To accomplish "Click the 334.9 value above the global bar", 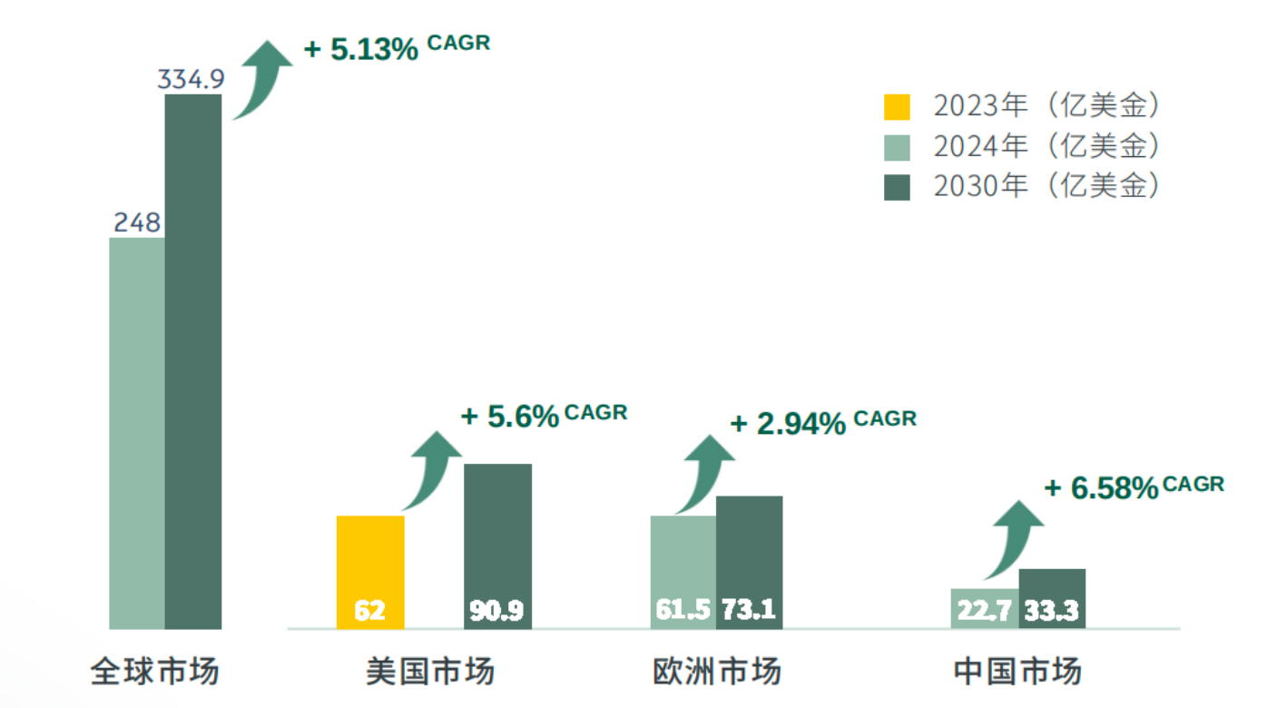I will (191, 80).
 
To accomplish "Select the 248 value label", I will (137, 222).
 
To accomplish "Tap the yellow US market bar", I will (370, 572).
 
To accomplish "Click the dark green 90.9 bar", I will (497, 545).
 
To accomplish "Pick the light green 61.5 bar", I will (683, 572).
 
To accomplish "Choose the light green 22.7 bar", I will (985, 608).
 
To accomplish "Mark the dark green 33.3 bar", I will (1052, 598).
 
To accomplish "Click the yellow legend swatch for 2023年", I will (897, 107).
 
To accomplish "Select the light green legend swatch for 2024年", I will (897, 147).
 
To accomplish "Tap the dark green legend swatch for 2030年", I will (897, 187).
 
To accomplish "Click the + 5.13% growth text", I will (361, 49).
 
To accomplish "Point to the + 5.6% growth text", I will (510, 417).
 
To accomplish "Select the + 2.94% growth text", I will (789, 423).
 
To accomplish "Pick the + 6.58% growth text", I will (1101, 488).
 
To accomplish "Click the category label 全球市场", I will (155, 673).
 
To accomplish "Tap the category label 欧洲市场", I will (716, 673).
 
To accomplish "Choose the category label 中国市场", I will (1017, 673).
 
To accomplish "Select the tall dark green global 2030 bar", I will (192, 363).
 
